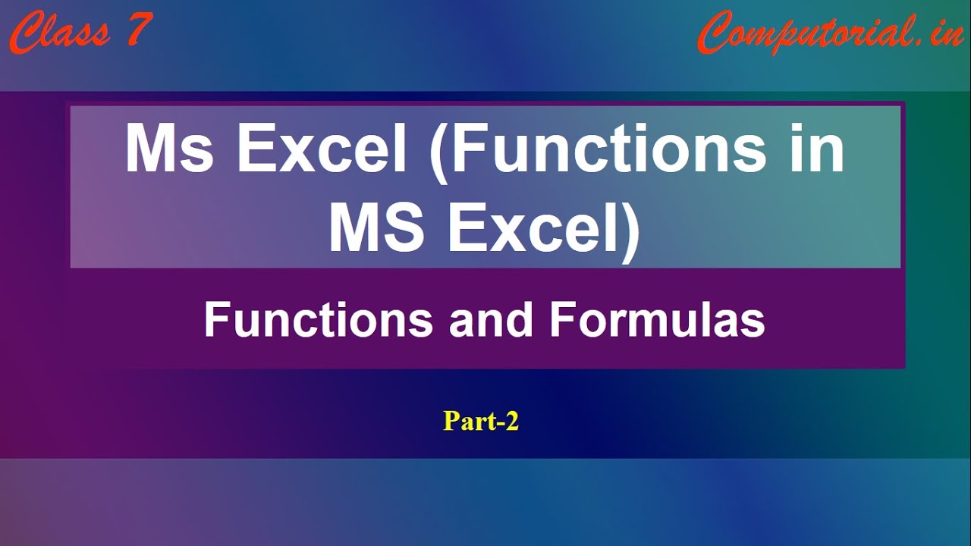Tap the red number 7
[x=139, y=29]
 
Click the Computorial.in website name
[x=831, y=33]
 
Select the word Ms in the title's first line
[x=169, y=148]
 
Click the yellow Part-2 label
[x=481, y=421]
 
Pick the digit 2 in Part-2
[x=511, y=421]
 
